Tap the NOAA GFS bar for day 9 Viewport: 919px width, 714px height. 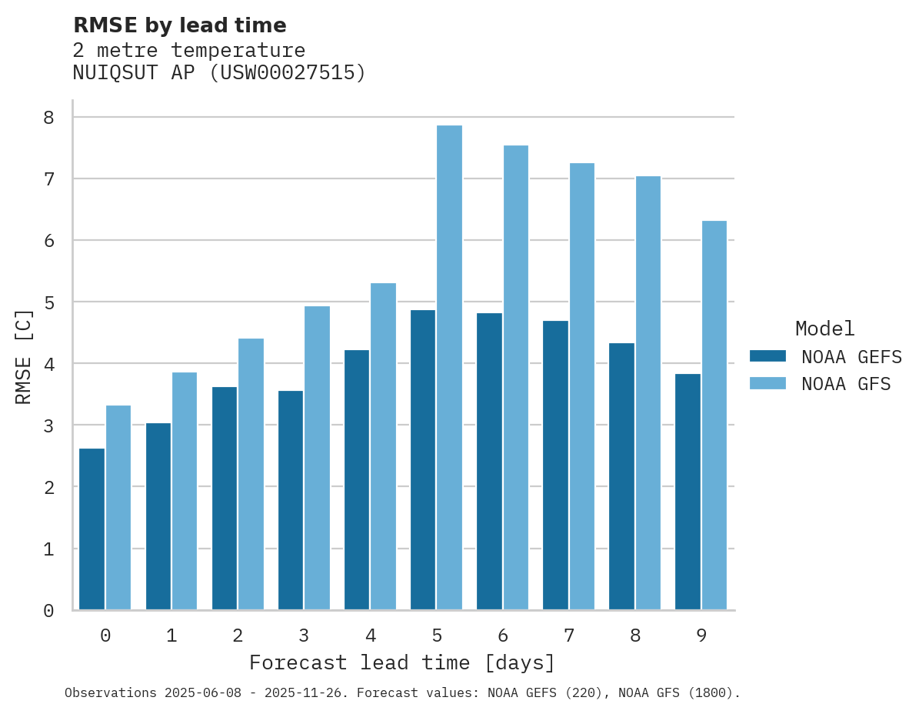coord(714,415)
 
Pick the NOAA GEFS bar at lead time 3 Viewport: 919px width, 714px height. coord(291,500)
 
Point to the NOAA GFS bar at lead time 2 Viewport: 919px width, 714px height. coord(251,474)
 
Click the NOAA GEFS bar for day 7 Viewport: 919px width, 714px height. coord(555,465)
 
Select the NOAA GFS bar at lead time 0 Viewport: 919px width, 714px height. coord(118,508)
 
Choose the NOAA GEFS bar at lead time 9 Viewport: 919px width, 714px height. coord(688,492)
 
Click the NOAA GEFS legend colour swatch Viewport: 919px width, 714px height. coord(767,356)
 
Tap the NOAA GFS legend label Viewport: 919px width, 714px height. coord(846,384)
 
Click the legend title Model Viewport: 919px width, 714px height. coord(824,329)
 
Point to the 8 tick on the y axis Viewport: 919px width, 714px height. coord(48,118)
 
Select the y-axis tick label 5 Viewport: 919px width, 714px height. coord(48,302)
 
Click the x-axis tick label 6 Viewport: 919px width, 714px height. coord(503,636)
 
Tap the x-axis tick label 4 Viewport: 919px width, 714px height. coord(371,636)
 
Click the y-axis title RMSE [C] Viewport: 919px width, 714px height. coord(24,356)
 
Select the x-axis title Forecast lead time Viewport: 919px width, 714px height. coord(401,663)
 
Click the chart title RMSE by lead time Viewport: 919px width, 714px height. coord(179,25)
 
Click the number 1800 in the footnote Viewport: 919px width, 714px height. coord(704,693)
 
